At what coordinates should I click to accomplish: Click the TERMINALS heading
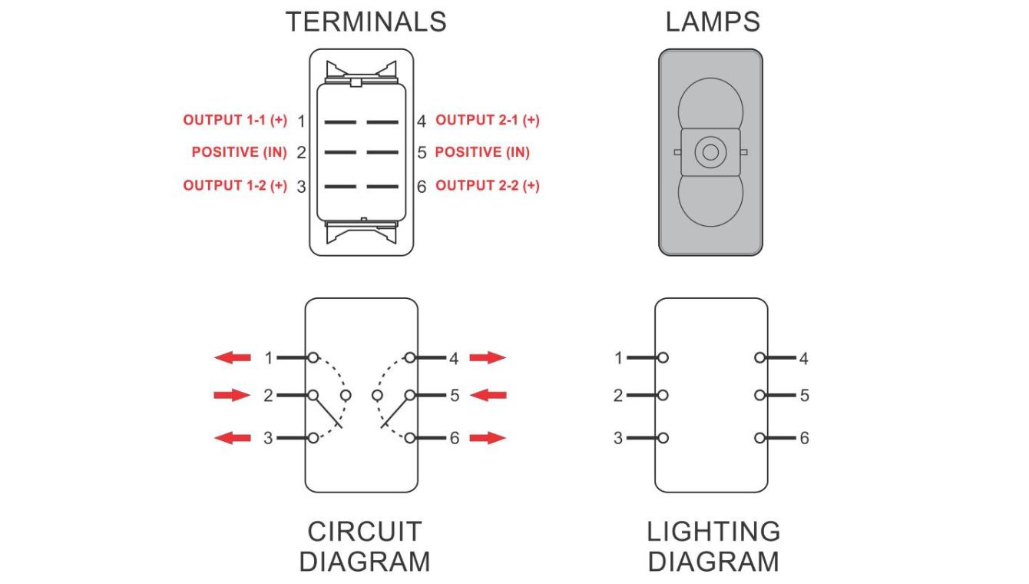(366, 22)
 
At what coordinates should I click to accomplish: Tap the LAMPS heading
(713, 22)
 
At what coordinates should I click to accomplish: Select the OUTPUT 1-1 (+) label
(235, 121)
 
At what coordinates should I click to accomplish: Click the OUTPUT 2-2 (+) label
(488, 186)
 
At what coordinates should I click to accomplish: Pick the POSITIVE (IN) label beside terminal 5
(482, 152)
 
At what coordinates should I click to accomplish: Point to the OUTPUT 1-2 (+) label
(235, 186)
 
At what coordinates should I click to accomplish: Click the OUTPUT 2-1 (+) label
(488, 121)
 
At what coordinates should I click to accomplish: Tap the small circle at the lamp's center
(710, 152)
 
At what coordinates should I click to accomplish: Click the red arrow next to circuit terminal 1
(233, 357)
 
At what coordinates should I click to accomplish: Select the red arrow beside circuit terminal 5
(488, 395)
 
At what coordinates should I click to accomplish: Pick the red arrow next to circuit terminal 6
(488, 438)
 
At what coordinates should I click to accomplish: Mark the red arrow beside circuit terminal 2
(233, 395)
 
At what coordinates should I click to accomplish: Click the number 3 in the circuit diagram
(268, 439)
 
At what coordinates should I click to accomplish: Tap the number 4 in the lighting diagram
(804, 359)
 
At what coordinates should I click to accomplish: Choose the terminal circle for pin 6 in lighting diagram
(759, 438)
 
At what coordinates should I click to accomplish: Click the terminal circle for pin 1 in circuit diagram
(313, 357)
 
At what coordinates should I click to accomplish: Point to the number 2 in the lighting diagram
(618, 397)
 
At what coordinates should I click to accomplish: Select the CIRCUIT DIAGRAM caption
(365, 546)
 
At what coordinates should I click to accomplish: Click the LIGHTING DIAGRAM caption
(713, 546)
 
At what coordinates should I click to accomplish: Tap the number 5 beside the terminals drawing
(422, 153)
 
